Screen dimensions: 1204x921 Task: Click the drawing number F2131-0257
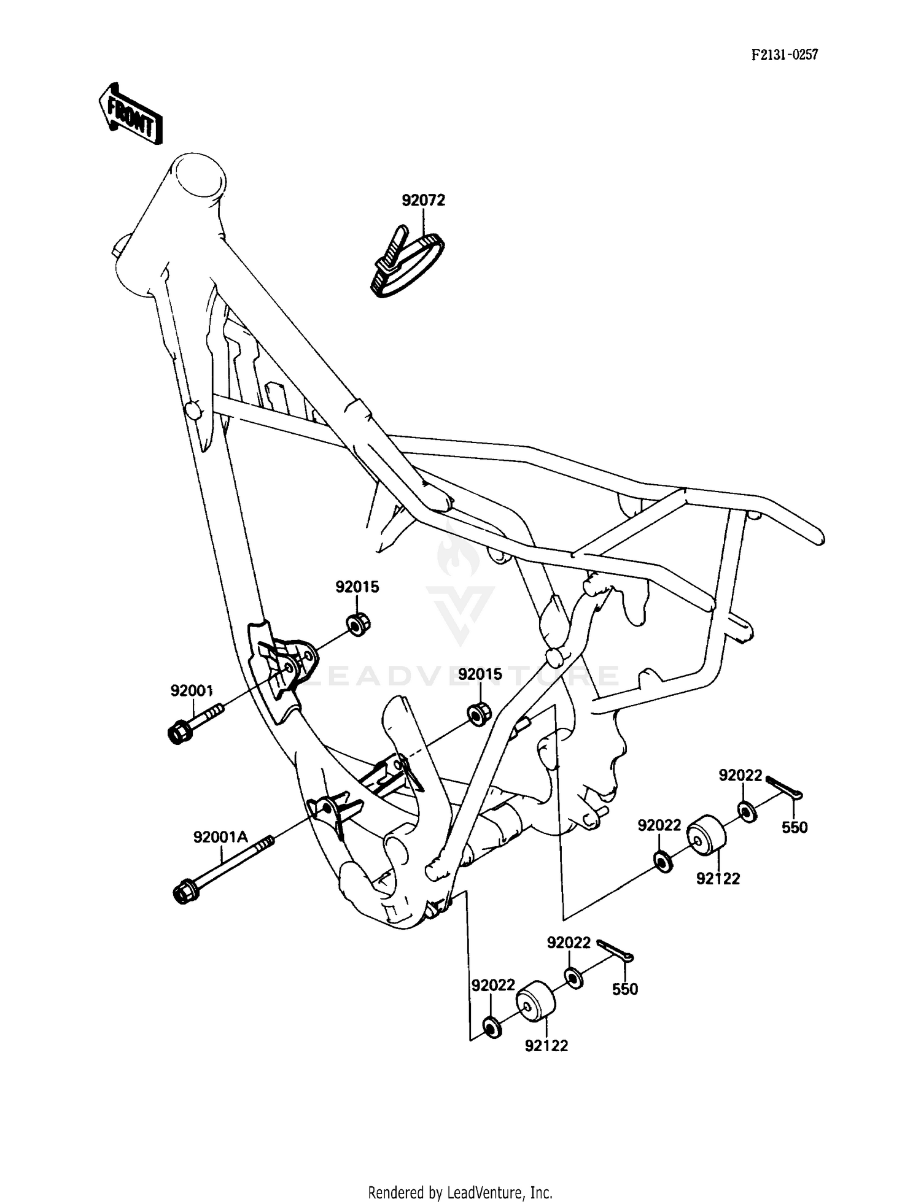(x=785, y=55)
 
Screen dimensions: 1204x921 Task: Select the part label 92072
(x=423, y=201)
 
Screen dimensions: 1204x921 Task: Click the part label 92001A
(x=220, y=836)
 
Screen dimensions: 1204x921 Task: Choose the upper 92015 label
(x=357, y=587)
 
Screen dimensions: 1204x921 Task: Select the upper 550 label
(x=795, y=827)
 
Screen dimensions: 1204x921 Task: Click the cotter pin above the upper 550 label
(x=784, y=789)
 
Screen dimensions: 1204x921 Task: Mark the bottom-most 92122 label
(x=546, y=1046)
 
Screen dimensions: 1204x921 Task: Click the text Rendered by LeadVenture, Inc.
(x=460, y=1193)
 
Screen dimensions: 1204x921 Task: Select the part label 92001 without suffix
(x=192, y=691)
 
